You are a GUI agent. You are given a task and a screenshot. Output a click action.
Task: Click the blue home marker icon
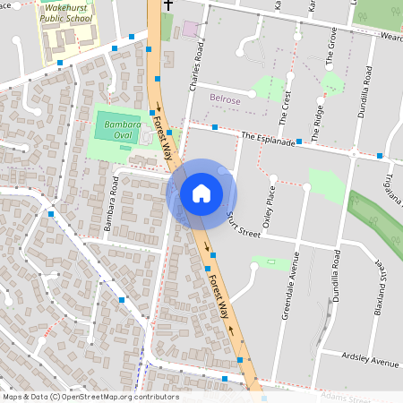201,193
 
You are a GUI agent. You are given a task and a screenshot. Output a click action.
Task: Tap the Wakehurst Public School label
65,13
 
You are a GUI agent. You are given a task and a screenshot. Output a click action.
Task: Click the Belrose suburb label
225,100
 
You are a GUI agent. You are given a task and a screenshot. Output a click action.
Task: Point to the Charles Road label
193,60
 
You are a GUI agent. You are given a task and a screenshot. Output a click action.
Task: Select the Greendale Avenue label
296,275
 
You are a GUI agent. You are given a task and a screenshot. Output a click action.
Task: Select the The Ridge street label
319,115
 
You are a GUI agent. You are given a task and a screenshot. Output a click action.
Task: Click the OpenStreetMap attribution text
90,397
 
